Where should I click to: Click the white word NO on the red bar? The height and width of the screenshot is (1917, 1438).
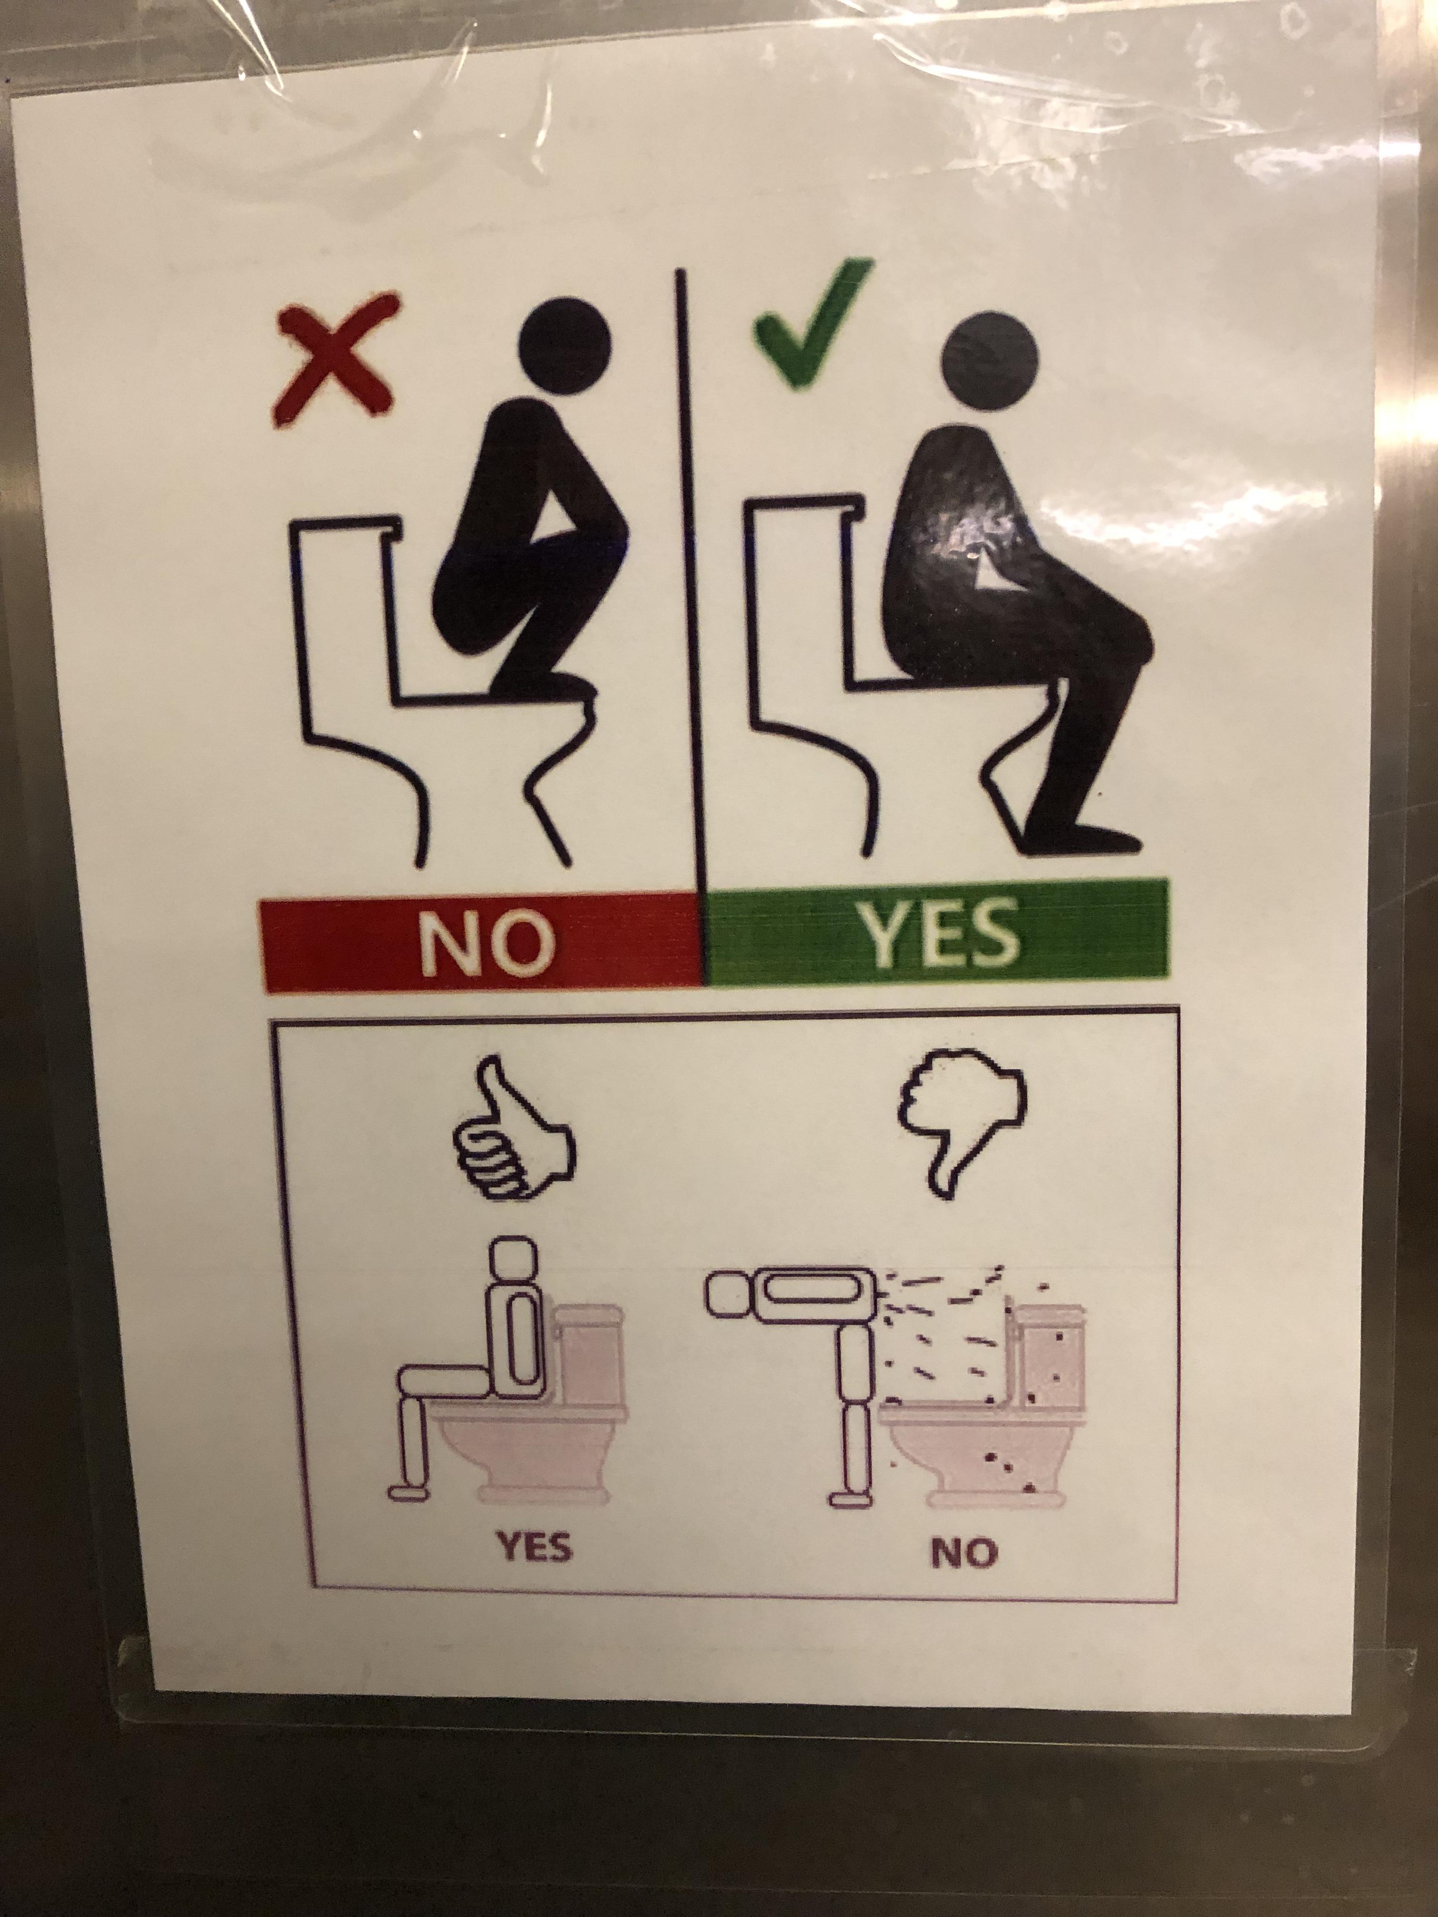(x=486, y=942)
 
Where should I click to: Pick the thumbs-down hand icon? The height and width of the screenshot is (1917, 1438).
(x=961, y=1112)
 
